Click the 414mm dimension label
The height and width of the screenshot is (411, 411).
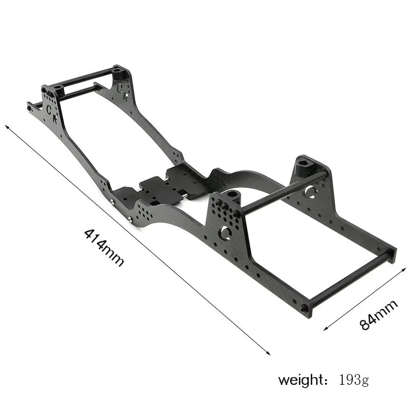(104, 247)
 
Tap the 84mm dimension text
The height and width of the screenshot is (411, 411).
(379, 315)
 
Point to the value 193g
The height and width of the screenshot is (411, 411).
(353, 381)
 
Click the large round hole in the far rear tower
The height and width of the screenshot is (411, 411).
(310, 192)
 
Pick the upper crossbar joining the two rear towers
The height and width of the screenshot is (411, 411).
(283, 193)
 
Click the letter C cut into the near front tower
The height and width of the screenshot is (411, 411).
(49, 109)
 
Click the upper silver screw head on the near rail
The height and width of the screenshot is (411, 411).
(112, 201)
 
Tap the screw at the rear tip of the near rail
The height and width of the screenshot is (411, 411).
(304, 308)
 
